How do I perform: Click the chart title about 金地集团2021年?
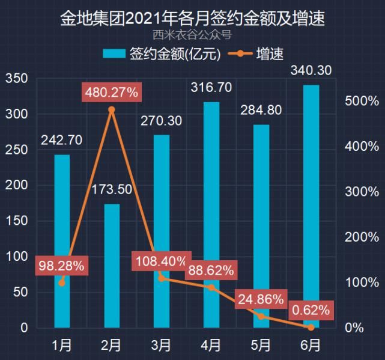pos(192,19)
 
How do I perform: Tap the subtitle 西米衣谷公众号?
pos(192,34)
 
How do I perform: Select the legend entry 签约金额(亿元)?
pos(162,54)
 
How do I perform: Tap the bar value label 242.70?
pos(62,141)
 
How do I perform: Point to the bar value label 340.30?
pos(311,71)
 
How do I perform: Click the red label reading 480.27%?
pos(112,93)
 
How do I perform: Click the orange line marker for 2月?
pos(112,110)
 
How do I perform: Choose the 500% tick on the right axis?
pos(362,101)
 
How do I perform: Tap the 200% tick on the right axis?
pos(362,237)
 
